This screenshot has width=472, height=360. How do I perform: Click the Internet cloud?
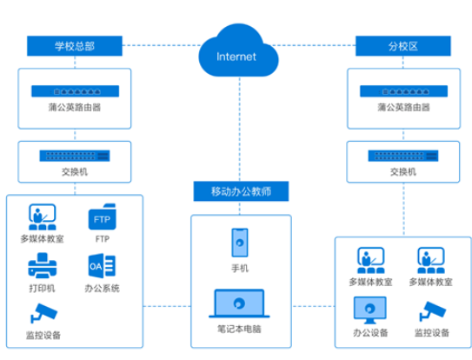click(x=238, y=51)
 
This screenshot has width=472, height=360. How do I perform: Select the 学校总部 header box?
click(x=75, y=46)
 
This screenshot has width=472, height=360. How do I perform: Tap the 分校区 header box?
click(x=403, y=46)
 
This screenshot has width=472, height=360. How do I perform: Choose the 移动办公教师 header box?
click(x=241, y=191)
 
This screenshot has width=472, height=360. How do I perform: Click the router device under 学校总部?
click(x=76, y=91)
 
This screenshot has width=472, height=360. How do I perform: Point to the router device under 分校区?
click(x=403, y=91)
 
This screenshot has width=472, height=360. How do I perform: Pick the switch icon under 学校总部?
click(x=75, y=156)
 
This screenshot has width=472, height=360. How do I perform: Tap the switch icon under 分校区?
click(x=403, y=156)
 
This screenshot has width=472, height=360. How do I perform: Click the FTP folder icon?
click(x=102, y=217)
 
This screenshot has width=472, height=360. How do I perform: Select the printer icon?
click(x=42, y=265)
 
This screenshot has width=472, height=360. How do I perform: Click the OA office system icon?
click(x=102, y=266)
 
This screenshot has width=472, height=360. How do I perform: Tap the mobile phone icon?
click(x=240, y=243)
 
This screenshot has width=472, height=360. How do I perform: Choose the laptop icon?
click(x=239, y=303)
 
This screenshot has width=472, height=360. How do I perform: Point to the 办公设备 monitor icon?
click(x=370, y=310)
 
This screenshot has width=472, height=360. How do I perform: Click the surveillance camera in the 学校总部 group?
click(x=43, y=313)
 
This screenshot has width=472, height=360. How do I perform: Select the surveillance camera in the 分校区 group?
click(x=433, y=311)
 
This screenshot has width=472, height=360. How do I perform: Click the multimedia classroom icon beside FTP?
click(x=42, y=217)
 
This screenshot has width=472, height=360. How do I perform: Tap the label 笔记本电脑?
click(x=239, y=329)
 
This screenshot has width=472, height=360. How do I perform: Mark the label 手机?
click(x=240, y=268)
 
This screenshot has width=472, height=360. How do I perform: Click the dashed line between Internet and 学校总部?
click(x=162, y=45)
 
